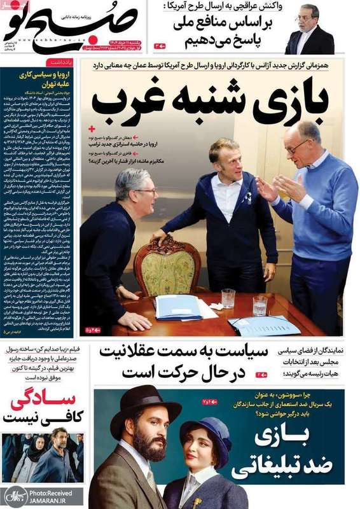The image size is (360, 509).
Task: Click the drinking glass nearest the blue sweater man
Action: pyautogui.click(x=260, y=305)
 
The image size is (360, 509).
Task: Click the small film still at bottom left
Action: pyautogui.click(x=42, y=456)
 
